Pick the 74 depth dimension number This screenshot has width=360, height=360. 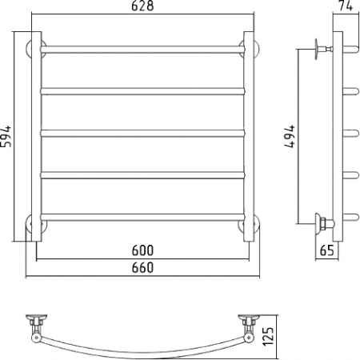click(x=346, y=7)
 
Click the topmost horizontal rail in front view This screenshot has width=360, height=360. click(x=142, y=50)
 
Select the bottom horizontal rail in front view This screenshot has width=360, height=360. click(x=142, y=216)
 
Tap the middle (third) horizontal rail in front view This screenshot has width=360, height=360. click(x=142, y=133)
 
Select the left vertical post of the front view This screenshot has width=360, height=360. click(x=36, y=136)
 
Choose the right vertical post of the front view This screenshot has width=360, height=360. click(x=248, y=136)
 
